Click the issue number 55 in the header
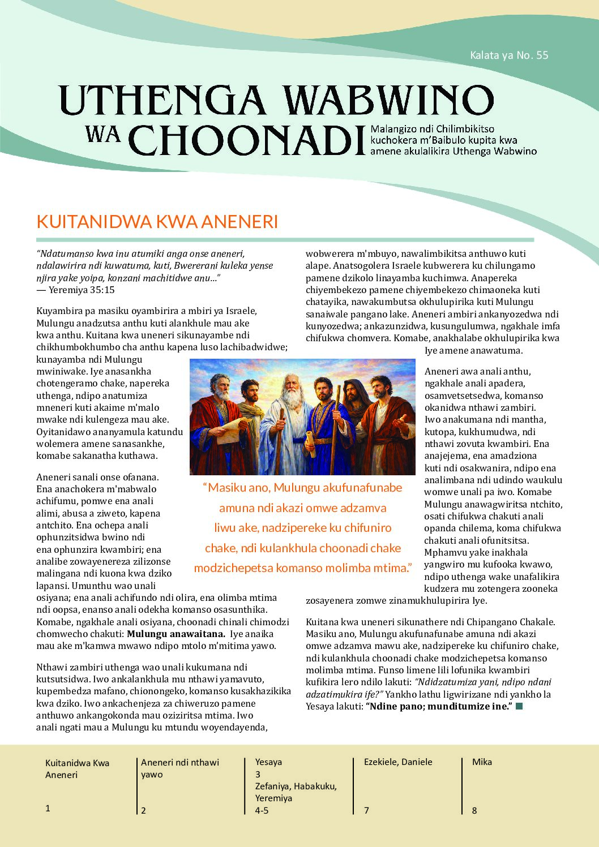[542, 55]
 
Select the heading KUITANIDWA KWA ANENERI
[157, 221]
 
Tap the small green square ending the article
[519, 706]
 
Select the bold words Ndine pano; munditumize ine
[439, 706]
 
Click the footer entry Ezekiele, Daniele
[397, 762]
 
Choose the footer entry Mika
[482, 762]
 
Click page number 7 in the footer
[366, 810]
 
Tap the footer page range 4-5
[262, 810]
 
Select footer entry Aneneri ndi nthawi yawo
[179, 768]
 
